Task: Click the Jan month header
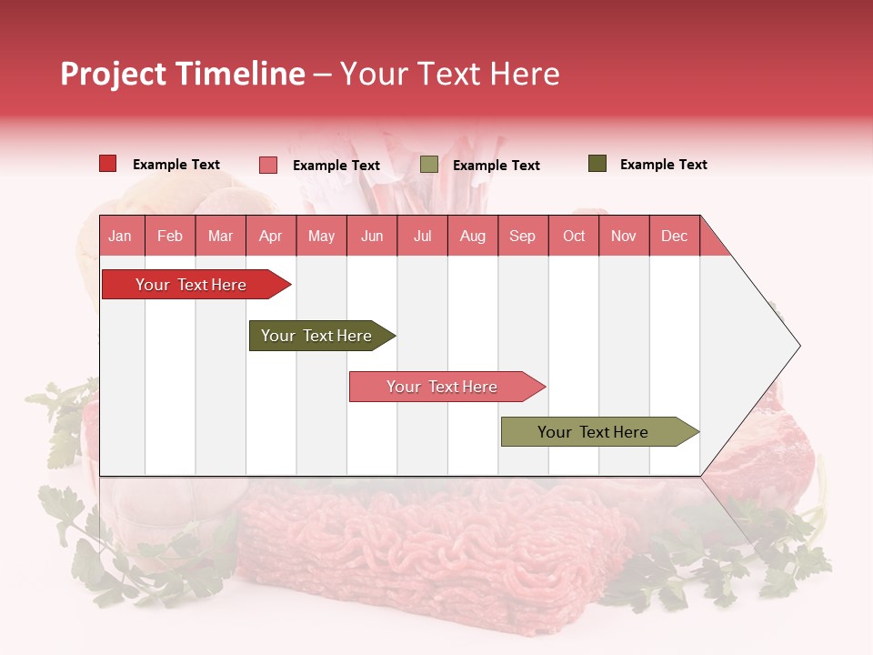(120, 237)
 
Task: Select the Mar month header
(220, 237)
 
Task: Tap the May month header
(321, 237)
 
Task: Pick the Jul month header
(422, 237)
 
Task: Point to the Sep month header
(522, 237)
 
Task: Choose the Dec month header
(674, 237)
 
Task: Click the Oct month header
(574, 237)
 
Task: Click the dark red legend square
(108, 164)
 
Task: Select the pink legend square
(268, 165)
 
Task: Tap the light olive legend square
(429, 165)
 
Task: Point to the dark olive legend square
(597, 164)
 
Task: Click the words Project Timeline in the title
(182, 74)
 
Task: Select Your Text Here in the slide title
(450, 74)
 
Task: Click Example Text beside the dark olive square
(663, 165)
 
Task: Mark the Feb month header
(170, 237)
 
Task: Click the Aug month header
(472, 237)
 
